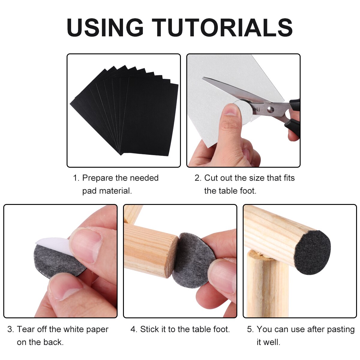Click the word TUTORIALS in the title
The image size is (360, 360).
pyautogui.click(x=222, y=28)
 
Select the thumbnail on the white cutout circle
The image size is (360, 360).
pyautogui.click(x=231, y=110)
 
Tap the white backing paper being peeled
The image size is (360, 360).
pyautogui.click(x=51, y=241)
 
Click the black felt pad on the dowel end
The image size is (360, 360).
pyautogui.click(x=313, y=252)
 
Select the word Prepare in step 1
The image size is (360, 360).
pyautogui.click(x=100, y=178)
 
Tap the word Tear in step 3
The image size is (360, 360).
pyautogui.click(x=26, y=329)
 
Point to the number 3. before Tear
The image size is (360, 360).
pyautogui.click(x=10, y=329)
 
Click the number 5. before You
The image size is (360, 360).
pyautogui.click(x=250, y=329)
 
